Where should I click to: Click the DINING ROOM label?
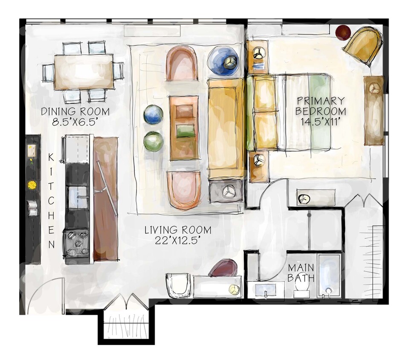tap(75, 112)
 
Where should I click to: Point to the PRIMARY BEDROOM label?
tap(321, 106)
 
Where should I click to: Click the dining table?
tap(84, 71)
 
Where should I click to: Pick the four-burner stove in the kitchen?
tap(77, 243)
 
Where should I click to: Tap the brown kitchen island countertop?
tap(105, 198)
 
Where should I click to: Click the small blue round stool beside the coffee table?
tap(153, 115)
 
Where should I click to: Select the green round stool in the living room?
tap(153, 141)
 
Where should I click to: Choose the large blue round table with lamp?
tap(223, 61)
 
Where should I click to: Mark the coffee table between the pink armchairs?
tap(184, 128)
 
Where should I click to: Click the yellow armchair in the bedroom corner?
tap(365, 45)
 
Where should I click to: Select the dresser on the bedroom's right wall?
tap(374, 110)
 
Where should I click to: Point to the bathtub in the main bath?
tap(329, 276)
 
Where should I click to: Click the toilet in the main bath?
tap(302, 290)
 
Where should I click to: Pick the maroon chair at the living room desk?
tap(223, 268)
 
